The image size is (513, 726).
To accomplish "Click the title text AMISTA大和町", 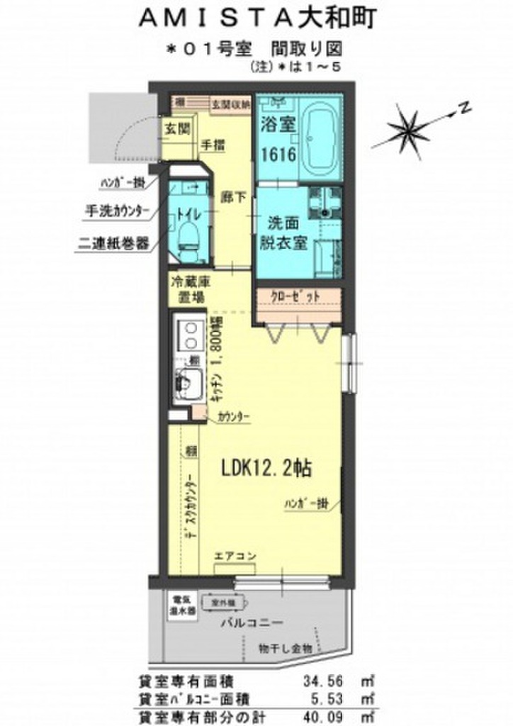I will click(256, 18).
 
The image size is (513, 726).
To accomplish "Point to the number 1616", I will click(276, 155).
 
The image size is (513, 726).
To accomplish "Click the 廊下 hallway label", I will click(232, 198).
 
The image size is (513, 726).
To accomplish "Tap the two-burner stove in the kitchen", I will click(189, 337).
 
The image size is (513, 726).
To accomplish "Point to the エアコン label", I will click(235, 554).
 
